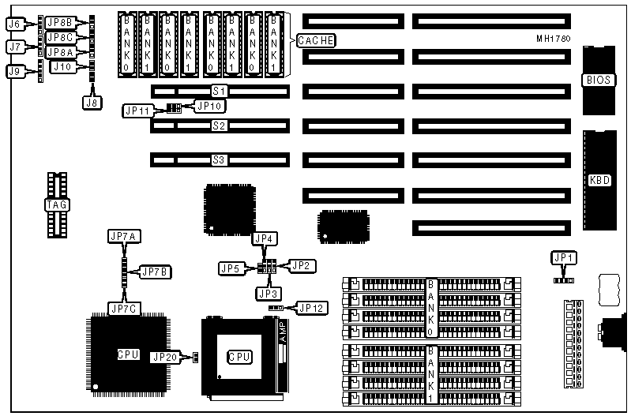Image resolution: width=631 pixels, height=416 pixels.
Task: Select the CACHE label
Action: pos(317,40)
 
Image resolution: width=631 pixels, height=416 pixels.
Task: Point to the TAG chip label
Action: pos(57,205)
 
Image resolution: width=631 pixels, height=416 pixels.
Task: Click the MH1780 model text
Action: pos(553,38)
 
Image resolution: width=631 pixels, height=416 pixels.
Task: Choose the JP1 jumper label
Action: pos(562,258)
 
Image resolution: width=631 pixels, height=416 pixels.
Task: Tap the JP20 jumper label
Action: pos(166,358)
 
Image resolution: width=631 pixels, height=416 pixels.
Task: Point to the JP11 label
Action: pos(137,111)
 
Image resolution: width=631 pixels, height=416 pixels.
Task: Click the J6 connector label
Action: pos(13,24)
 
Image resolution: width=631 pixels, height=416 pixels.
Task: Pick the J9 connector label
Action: pos(13,71)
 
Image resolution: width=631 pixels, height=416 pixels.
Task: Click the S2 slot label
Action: pos(219,126)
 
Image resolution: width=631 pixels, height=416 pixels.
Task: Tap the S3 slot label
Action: pos(219,159)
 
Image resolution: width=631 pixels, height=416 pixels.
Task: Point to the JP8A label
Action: pos(61,52)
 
